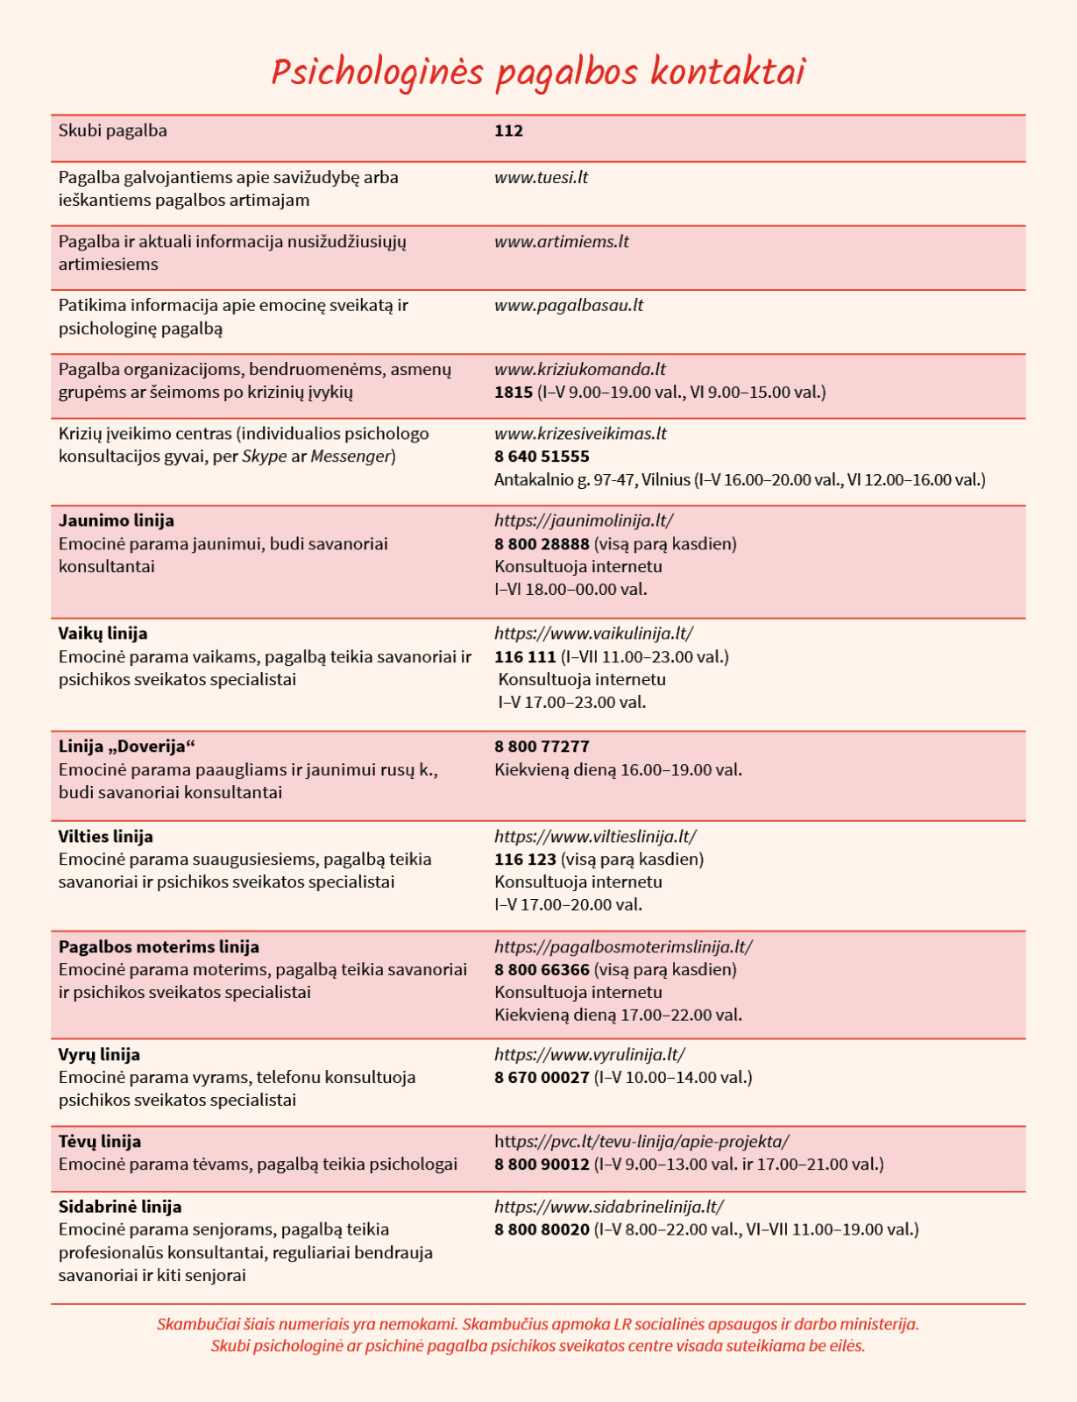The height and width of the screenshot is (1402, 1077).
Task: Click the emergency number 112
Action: pos(508,131)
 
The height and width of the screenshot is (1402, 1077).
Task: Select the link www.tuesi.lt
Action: pos(541,178)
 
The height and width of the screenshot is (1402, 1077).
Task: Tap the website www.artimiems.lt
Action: pos(561,242)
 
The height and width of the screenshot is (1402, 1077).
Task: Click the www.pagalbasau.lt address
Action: pos(569,306)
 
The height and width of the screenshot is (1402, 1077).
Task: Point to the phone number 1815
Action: pos(514,393)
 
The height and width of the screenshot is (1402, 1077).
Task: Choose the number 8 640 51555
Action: pos(542,457)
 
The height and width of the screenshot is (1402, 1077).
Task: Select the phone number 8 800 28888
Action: pos(542,544)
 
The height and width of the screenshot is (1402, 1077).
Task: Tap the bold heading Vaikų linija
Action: pos(103,634)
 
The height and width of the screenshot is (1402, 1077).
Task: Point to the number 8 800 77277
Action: pos(542,747)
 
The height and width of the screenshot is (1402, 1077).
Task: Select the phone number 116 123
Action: pos(525,860)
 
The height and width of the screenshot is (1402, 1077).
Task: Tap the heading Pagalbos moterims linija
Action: pos(159,947)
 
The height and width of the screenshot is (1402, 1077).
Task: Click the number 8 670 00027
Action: pos(542,1078)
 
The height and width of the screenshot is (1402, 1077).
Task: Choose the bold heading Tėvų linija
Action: pos(100,1142)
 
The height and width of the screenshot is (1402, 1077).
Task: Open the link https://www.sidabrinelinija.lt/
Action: pos(609,1207)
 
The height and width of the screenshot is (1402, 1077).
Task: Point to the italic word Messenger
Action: pos(351,457)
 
